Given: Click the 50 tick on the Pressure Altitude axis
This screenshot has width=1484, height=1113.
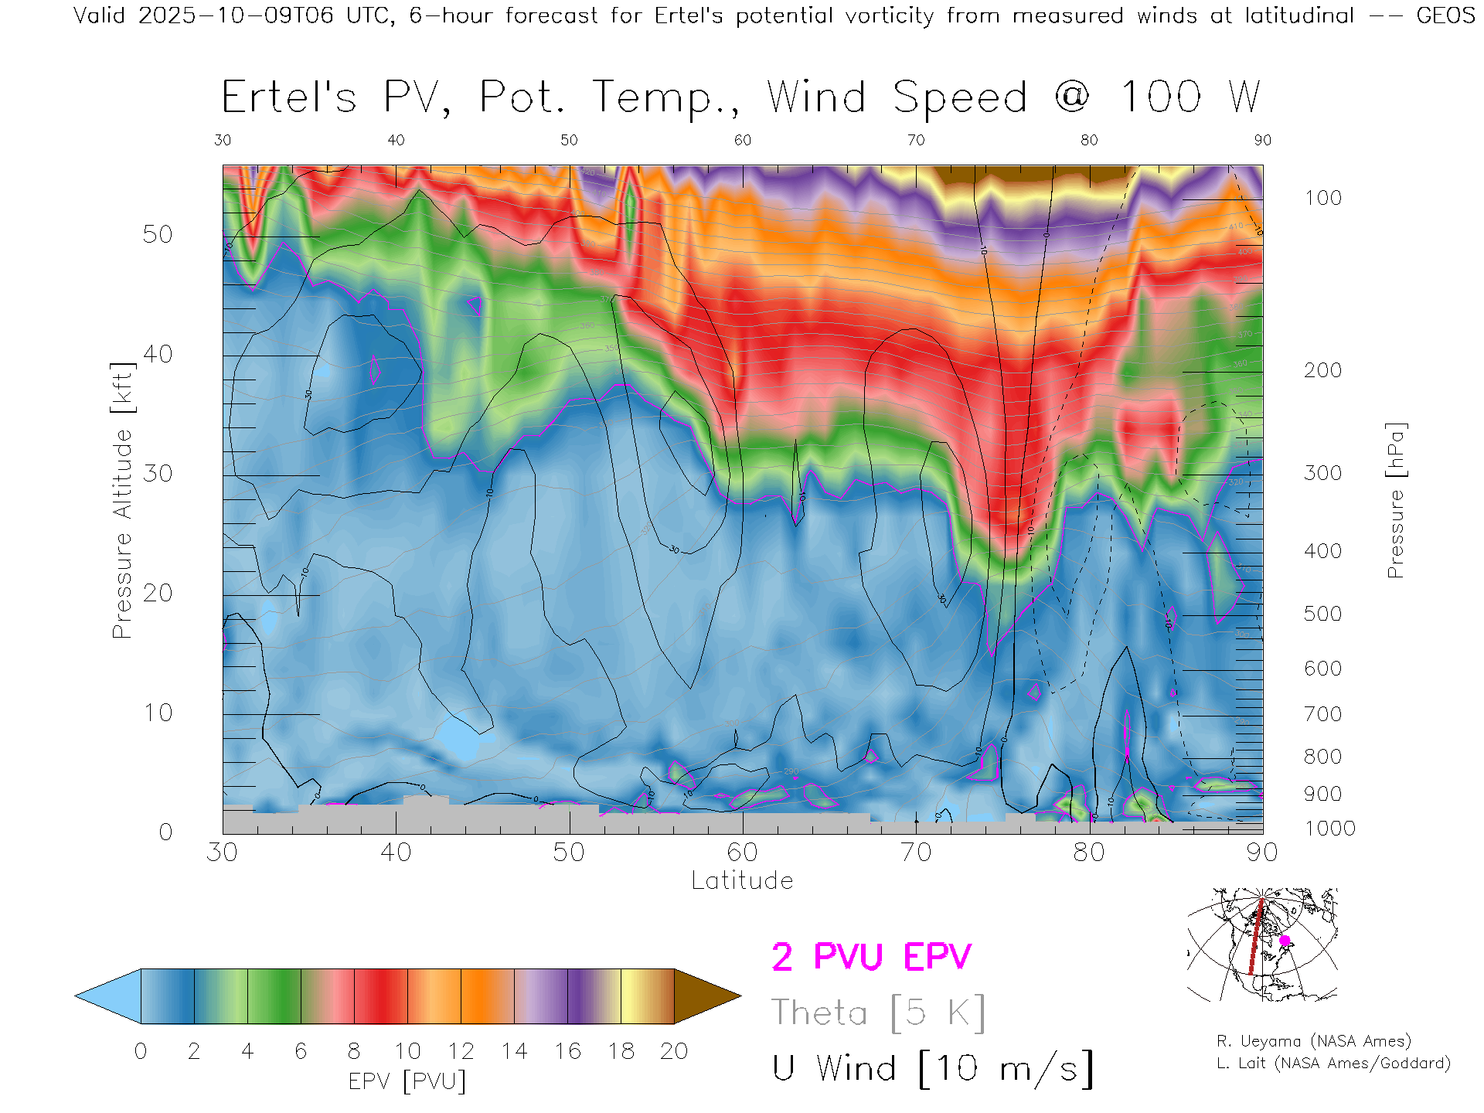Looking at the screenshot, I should pos(157,234).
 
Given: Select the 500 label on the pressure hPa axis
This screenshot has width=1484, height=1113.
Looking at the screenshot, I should pos(1322,614).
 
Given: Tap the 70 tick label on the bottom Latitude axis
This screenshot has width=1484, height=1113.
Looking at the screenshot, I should pos(916,853).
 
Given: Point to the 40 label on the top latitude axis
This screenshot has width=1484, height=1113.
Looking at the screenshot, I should pos(396,140).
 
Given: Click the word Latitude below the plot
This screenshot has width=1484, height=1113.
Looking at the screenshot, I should pos(742,881).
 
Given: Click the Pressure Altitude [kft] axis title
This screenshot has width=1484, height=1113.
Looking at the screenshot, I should pos(122,500).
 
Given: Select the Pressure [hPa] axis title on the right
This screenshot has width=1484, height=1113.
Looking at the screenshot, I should pos(1395,500).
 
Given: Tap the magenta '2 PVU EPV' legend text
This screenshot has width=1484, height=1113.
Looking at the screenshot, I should pos(871,957).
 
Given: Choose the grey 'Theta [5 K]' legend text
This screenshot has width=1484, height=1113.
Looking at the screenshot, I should pos(878,1013).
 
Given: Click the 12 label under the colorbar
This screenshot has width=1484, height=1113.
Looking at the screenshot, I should pos(461,1051).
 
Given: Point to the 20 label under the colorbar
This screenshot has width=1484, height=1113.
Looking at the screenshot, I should pos(674,1051).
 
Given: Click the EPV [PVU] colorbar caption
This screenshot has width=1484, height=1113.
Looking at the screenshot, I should pos(407,1081).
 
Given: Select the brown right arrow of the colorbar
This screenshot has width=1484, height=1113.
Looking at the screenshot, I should pos(706,996).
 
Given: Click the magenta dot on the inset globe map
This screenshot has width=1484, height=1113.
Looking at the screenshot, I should pos(1285,941).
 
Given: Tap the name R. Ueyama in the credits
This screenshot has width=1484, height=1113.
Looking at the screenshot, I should pos(1247,1041).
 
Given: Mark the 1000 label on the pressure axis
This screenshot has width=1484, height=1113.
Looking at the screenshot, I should pos(1329,829).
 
